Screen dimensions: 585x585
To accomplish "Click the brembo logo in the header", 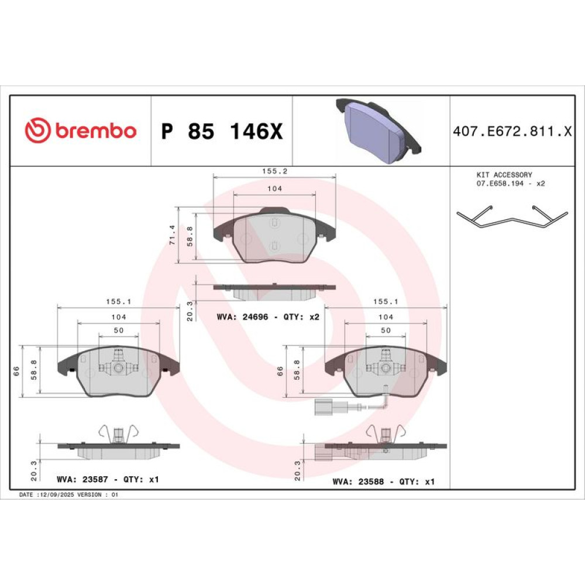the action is pos(81,130).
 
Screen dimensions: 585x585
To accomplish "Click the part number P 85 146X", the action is pos(222,131).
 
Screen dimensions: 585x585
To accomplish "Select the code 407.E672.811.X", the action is pos(512,131).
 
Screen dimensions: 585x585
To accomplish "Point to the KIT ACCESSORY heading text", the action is pos(504,174).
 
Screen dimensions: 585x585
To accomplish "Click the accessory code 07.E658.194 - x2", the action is pos(510,184).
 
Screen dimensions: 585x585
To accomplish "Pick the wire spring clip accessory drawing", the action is pos(512,216).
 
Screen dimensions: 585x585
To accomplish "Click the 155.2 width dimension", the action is pos(274,171).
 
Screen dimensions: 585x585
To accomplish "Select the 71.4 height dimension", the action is pos(172,235).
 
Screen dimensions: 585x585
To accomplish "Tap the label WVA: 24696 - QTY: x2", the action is pos(268,316).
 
